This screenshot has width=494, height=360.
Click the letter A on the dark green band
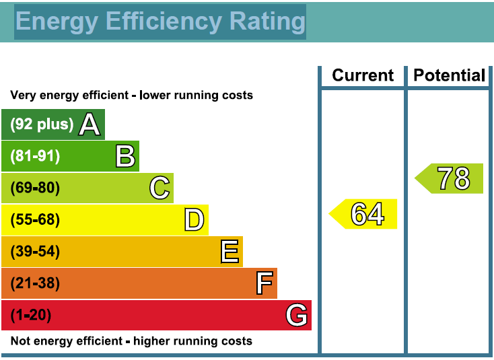coord(90,124)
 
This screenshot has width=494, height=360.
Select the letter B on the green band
coord(125,156)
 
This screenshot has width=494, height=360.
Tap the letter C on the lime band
coord(160,188)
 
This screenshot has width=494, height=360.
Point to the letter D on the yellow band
coord(195,220)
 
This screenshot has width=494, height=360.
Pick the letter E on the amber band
coord(230,252)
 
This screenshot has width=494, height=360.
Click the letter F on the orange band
coord(264,283)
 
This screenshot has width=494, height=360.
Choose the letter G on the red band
coord(297,315)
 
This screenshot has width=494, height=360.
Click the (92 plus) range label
coord(42,124)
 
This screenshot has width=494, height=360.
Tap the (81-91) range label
coord(35,156)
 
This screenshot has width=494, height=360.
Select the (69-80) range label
coord(35,188)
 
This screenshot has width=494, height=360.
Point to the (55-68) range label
coord(35,220)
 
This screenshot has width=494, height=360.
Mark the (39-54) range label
coord(35,252)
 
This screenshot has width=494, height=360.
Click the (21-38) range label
coord(35,283)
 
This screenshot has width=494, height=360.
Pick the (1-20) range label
coord(31,315)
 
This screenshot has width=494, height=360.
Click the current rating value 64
coord(368,214)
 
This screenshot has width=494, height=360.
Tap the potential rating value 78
coord(454,178)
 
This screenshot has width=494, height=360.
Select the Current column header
coord(363,75)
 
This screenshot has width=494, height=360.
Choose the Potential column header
coord(449,75)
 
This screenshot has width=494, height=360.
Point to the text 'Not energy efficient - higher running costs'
coord(131,341)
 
